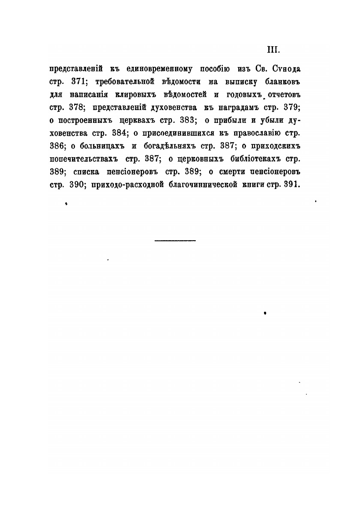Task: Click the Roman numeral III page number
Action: (273, 50)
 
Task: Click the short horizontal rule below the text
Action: (174, 241)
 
